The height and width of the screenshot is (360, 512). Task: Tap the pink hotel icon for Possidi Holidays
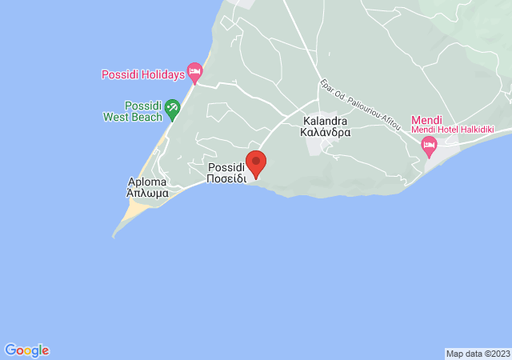[194, 74]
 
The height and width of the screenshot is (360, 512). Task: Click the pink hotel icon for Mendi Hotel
[429, 145]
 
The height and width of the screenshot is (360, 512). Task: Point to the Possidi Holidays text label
[142, 75]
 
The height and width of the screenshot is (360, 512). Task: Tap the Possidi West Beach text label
[143, 111]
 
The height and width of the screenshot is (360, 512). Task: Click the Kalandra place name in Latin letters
[325, 122]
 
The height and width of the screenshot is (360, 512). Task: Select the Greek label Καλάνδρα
[326, 134]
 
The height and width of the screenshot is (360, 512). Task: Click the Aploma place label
[147, 182]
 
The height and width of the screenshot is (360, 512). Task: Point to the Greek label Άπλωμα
[147, 193]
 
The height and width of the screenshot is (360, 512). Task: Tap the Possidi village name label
[226, 168]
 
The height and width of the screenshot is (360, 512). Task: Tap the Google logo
[26, 350]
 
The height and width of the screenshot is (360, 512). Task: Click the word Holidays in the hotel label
[165, 75]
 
